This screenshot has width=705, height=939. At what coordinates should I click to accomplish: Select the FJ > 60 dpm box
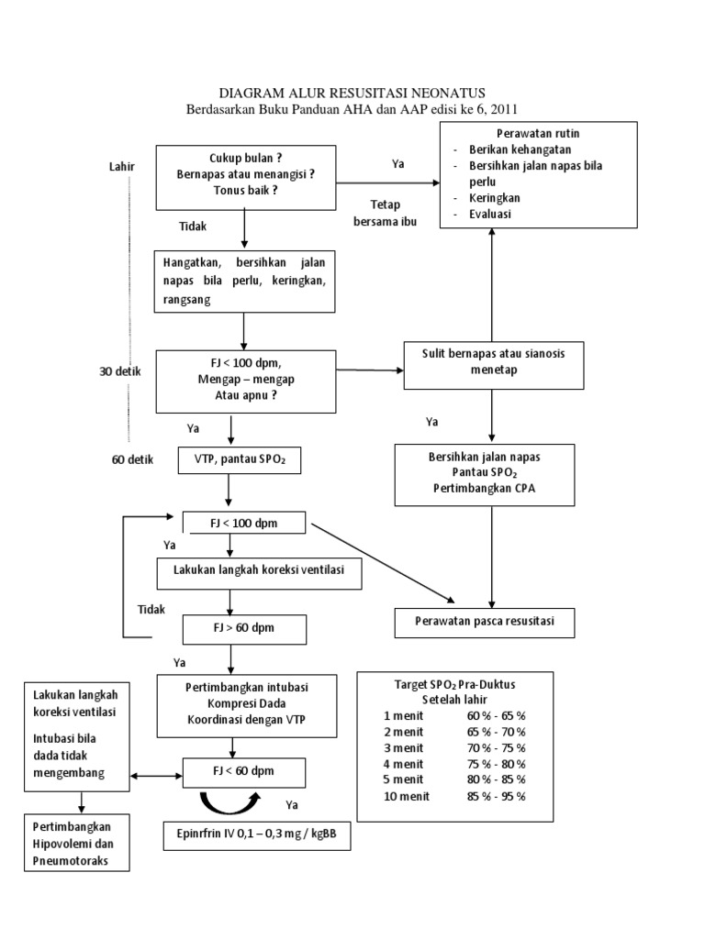[243, 628]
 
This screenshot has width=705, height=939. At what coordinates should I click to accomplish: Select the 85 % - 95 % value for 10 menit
[496, 795]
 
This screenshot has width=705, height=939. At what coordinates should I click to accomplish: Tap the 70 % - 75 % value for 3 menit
[496, 747]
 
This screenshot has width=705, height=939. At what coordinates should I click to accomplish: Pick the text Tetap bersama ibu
[381, 212]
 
